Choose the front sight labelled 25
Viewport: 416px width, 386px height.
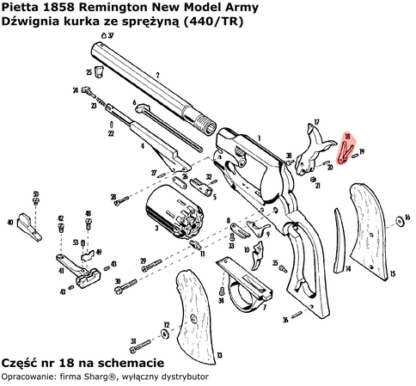pos(101,71)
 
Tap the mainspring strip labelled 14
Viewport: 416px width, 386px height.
pos(340,249)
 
